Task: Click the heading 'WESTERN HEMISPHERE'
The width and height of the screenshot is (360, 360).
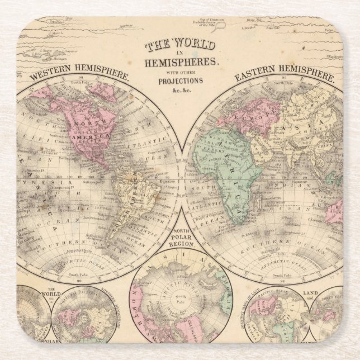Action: (79, 75)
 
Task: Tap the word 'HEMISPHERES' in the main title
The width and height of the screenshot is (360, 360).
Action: (179, 63)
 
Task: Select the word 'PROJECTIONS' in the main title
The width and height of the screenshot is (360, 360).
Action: (179, 80)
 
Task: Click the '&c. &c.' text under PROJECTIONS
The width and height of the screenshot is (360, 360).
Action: (179, 89)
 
